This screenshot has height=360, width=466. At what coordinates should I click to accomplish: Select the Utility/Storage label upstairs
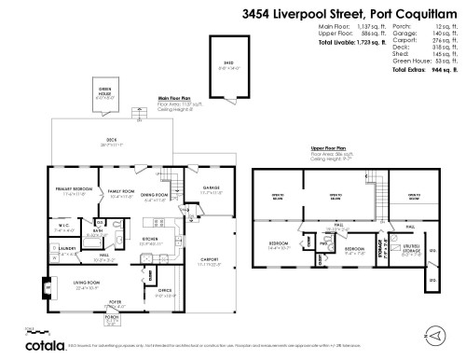click(411, 251)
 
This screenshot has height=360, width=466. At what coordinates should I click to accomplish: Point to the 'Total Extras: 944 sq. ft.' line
click(427, 70)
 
